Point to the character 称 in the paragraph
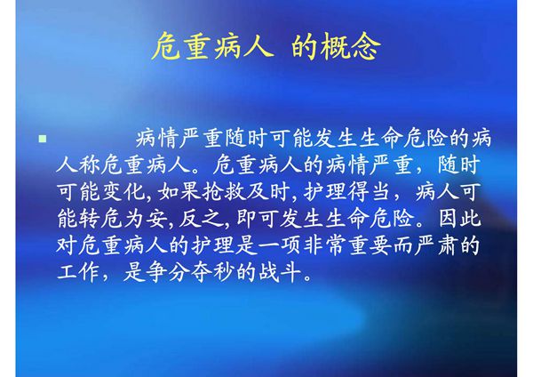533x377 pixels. [x=89, y=165]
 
